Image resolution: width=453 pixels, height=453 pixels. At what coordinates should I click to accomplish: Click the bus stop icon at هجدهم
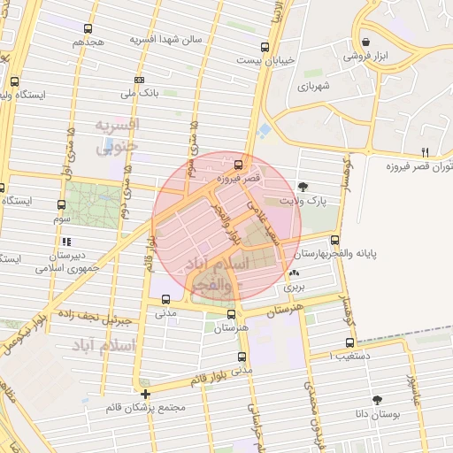[89, 29]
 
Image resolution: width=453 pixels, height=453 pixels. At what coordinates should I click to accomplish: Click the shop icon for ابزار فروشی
[366, 40]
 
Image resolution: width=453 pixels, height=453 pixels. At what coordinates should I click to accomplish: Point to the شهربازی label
[313, 87]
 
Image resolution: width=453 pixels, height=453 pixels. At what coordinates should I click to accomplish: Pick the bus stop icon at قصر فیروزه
[237, 165]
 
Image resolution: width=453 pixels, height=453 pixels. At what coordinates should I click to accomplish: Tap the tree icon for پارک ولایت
[304, 187]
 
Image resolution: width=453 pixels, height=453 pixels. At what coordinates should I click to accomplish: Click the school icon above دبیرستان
[66, 240]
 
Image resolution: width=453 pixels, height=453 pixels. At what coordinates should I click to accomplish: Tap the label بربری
[293, 288]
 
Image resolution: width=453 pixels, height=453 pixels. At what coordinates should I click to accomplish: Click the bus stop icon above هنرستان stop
[231, 313]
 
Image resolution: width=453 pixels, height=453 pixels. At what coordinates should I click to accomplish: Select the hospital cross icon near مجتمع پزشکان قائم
[146, 394]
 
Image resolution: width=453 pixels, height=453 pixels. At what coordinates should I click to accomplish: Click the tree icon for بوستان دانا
[378, 399]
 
